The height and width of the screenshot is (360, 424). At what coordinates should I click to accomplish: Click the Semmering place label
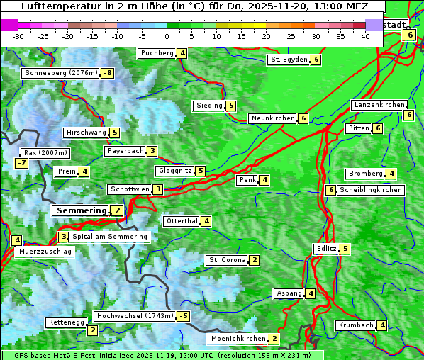tap(80, 210)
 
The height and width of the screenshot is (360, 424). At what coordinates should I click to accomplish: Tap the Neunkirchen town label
tap(272, 118)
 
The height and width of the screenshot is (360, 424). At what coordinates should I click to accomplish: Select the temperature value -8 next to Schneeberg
tap(108, 73)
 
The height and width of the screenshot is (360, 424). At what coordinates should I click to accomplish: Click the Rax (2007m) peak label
tap(45, 152)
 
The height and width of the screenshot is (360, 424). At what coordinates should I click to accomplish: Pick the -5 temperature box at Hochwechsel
tap(184, 316)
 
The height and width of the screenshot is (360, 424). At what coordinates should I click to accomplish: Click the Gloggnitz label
tap(174, 171)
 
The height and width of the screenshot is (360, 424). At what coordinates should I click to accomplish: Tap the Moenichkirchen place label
tap(238, 339)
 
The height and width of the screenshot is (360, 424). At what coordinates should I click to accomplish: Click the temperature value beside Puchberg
tap(182, 53)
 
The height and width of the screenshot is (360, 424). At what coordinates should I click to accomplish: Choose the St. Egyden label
tap(289, 60)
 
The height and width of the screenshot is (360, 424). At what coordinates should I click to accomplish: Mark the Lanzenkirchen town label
tap(378, 105)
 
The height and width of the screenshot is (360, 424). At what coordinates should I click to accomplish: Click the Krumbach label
tap(355, 325)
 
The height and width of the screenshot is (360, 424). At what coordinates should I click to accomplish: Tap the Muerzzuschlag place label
tap(45, 252)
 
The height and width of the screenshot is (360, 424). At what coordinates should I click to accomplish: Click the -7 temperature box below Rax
tap(22, 164)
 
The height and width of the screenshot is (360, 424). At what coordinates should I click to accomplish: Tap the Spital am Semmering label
tap(110, 237)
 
